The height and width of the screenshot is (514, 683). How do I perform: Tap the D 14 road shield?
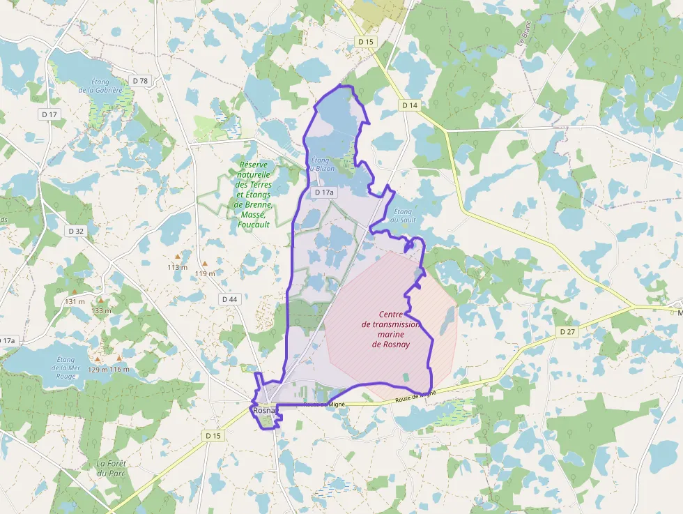click(410, 105)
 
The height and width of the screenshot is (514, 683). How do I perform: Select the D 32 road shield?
click(76, 230)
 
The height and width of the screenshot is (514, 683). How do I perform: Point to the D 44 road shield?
click(229, 298)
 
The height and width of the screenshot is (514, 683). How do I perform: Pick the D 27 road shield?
click(567, 332)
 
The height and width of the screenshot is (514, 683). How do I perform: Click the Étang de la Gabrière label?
click(100, 86)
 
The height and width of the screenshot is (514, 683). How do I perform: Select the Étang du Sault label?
click(403, 216)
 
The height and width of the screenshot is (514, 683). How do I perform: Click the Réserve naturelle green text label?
click(253, 195)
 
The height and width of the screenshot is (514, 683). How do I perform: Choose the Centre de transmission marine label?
click(390, 329)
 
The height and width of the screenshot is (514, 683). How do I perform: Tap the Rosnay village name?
click(265, 411)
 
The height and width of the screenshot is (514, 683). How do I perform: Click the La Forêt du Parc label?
click(110, 468)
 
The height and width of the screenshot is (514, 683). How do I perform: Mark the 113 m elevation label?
click(178, 267)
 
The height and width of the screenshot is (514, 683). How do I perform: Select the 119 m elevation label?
click(206, 273)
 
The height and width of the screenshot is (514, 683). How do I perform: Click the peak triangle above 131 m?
click(75, 292)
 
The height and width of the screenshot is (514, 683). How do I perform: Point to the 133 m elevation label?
click(102, 310)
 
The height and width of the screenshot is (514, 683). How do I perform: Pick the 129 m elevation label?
click(98, 370)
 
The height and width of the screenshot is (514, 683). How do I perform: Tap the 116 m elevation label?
click(120, 370)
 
